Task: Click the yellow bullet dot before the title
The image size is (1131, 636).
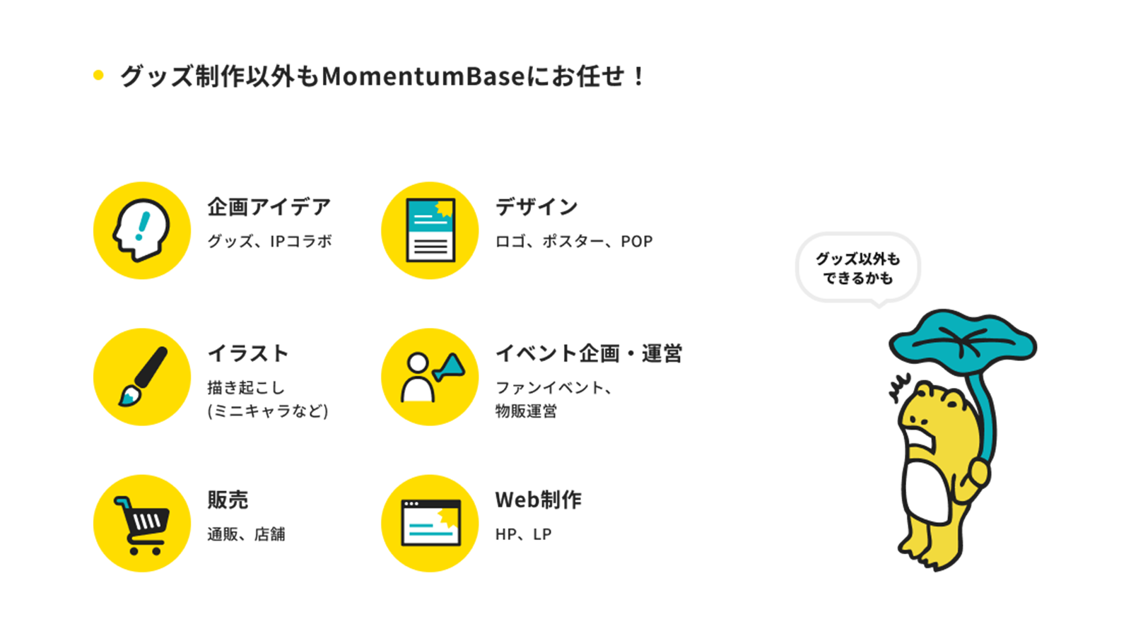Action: [x=98, y=75]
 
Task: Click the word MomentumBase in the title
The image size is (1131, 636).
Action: [x=423, y=76]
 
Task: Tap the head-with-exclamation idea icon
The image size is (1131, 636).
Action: [x=141, y=230]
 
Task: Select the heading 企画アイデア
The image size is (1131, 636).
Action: [x=269, y=207]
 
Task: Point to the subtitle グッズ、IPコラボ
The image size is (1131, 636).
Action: [x=269, y=241]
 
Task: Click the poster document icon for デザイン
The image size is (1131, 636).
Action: [x=430, y=230]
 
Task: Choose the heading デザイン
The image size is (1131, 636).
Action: [x=537, y=207]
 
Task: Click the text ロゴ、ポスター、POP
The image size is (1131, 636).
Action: [x=573, y=241]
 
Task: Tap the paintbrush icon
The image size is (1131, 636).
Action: [x=141, y=377]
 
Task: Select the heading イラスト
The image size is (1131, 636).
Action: [x=248, y=353]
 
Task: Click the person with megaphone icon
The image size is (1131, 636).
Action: [x=430, y=377]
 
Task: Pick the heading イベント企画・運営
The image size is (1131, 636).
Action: [x=588, y=353]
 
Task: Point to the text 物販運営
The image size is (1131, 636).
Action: [x=526, y=411]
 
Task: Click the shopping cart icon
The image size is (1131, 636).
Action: [x=141, y=524]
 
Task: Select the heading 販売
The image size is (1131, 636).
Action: [x=228, y=500]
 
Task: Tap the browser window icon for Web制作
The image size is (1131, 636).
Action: [x=430, y=524]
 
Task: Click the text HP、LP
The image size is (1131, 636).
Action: [x=523, y=534]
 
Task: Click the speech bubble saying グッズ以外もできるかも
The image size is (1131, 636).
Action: [x=857, y=269]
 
